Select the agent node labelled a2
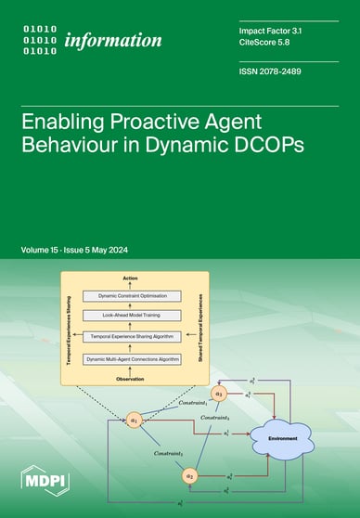(190, 477)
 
